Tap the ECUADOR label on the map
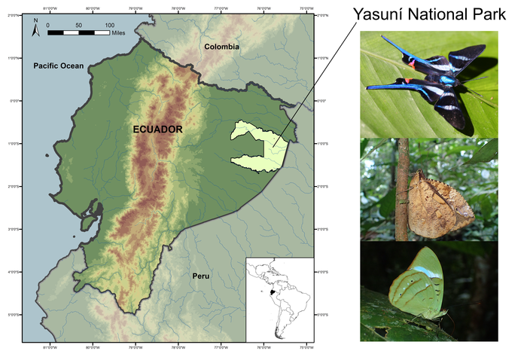click(x=157, y=130)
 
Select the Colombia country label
click(x=222, y=47)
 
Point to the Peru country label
click(x=200, y=276)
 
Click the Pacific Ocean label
click(x=56, y=67)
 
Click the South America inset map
click(x=279, y=297)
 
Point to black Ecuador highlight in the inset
click(x=264, y=295)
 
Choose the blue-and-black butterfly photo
click(x=429, y=83)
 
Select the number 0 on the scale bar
click(x=47, y=25)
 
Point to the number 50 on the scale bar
click(x=78, y=25)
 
